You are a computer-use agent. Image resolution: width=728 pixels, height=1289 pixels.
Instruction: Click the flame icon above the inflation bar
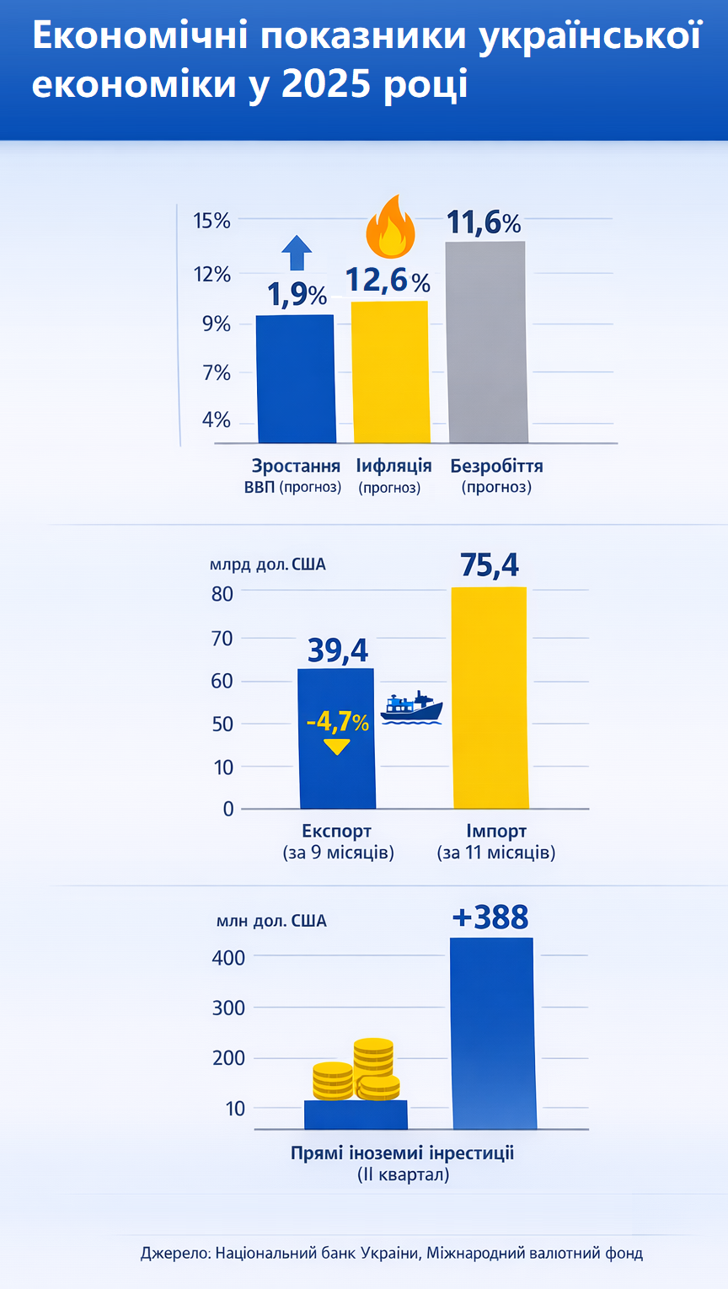point(389,227)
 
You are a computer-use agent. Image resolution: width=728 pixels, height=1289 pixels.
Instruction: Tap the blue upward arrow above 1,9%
point(296,252)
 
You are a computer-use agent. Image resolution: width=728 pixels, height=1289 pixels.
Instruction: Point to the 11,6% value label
point(483,222)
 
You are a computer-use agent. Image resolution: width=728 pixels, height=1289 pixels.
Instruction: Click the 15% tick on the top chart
point(211,221)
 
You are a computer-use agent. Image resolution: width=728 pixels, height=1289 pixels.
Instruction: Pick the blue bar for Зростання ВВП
point(296,378)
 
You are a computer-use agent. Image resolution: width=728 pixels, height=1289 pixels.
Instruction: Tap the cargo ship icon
point(411,708)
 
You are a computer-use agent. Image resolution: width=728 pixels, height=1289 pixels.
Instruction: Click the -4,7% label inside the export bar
point(337,722)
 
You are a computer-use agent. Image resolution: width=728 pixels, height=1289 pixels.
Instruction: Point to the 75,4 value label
point(490,565)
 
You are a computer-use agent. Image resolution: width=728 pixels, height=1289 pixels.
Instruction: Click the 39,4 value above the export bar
point(337,650)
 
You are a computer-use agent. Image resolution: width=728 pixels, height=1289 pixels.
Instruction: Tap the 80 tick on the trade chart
point(222,593)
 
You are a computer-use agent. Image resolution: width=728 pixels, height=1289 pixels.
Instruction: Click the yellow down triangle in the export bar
point(336,746)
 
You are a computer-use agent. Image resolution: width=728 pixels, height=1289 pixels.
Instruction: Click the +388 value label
point(490,917)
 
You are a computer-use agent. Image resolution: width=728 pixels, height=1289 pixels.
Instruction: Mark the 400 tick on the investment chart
point(228,957)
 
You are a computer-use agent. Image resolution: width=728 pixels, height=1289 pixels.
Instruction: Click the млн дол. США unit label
point(271,921)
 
